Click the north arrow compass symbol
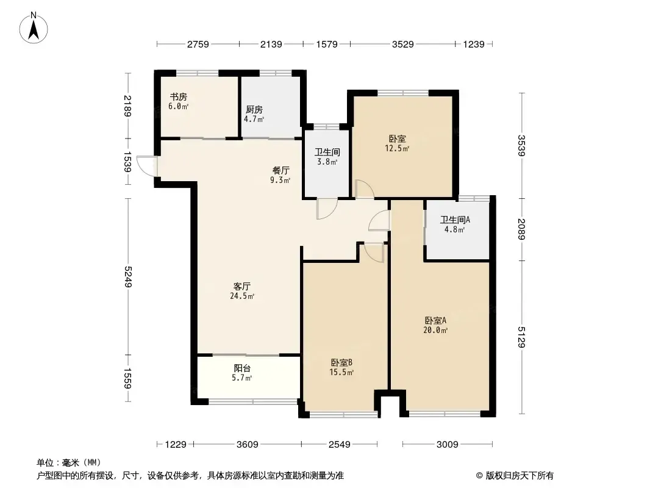[34, 28]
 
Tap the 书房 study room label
[178, 96]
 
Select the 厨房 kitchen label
[254, 109]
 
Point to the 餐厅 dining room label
[280, 170]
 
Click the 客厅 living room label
[241, 286]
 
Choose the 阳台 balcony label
[242, 368]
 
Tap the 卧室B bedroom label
[341, 362]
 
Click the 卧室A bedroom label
[435, 320]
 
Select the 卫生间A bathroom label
[455, 220]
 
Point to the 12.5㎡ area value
[397, 148]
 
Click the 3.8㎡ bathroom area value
[327, 162]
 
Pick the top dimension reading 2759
[198, 44]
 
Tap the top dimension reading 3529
[402, 44]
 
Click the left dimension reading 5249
[127, 276]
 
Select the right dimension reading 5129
[521, 337]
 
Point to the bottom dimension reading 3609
[247, 445]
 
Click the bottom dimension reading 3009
[448, 445]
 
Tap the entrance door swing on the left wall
[145, 166]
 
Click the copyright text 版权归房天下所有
[520, 476]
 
